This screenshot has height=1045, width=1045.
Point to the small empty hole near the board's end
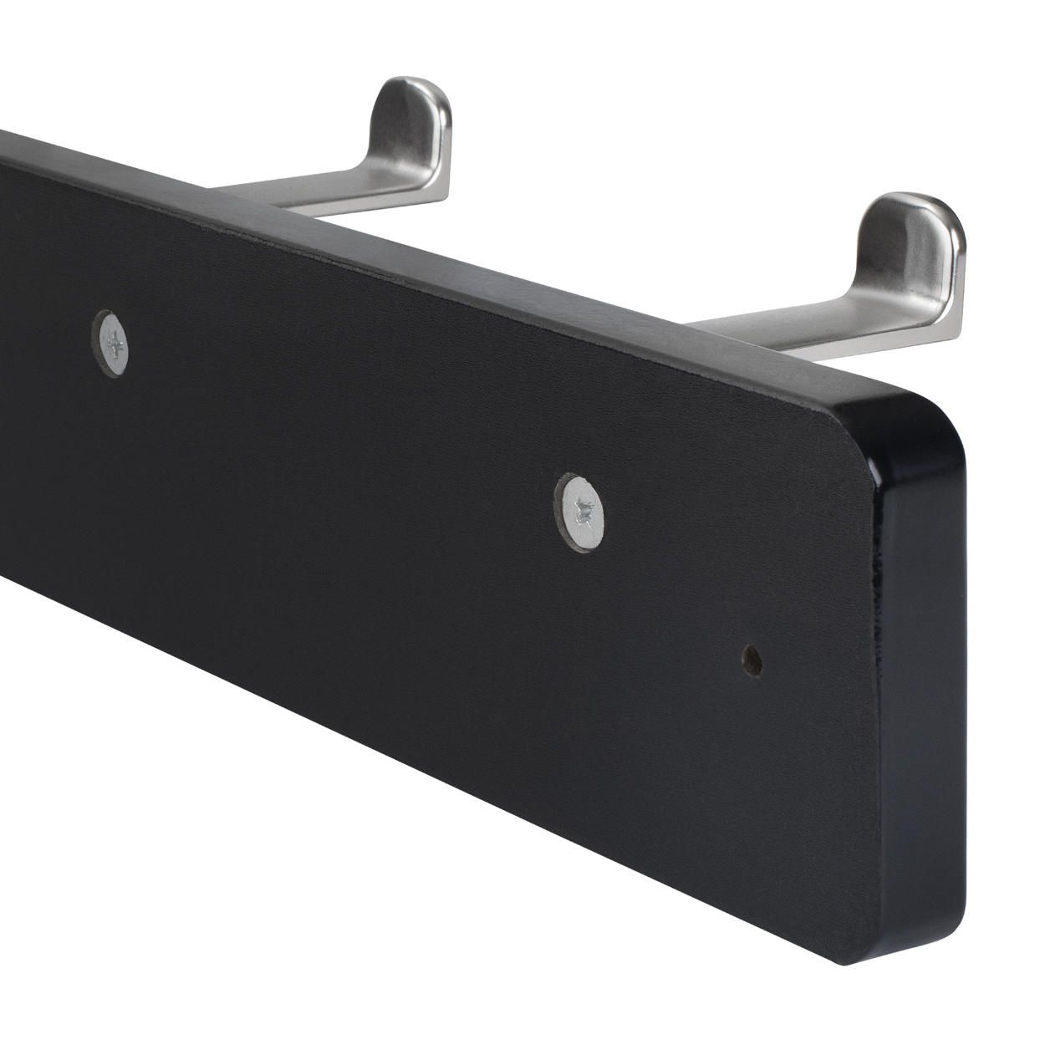coord(752,660)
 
